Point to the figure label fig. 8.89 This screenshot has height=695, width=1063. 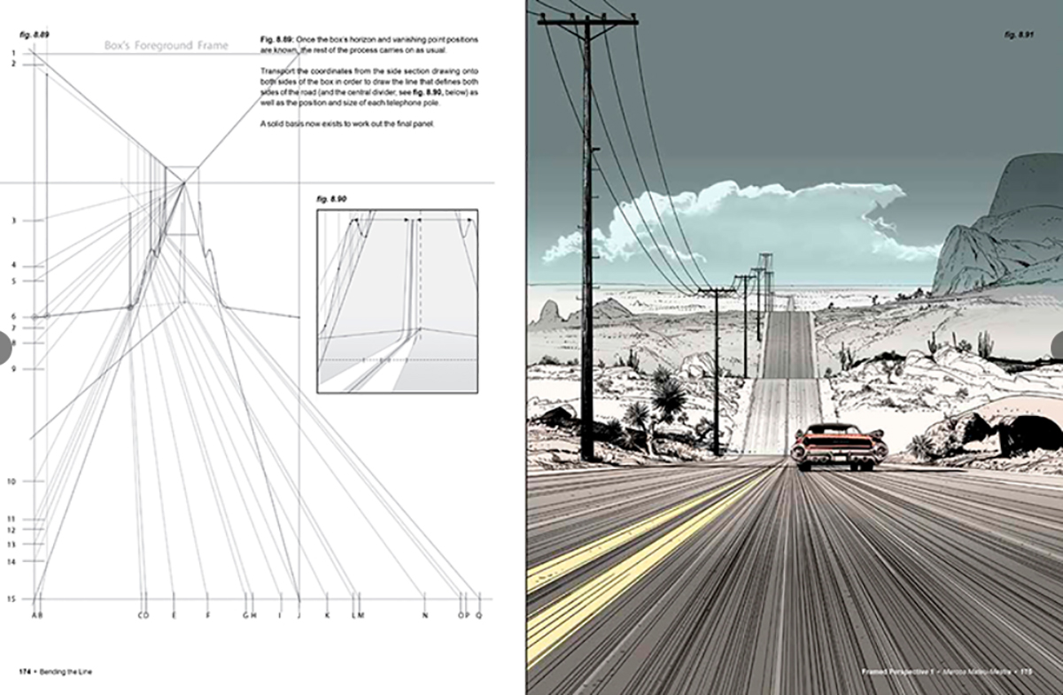[x=35, y=33]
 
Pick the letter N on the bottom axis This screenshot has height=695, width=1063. [x=424, y=614]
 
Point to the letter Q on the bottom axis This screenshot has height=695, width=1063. [x=479, y=614]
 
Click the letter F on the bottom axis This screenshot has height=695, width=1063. [x=207, y=614]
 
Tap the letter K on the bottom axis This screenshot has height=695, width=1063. [x=326, y=614]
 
